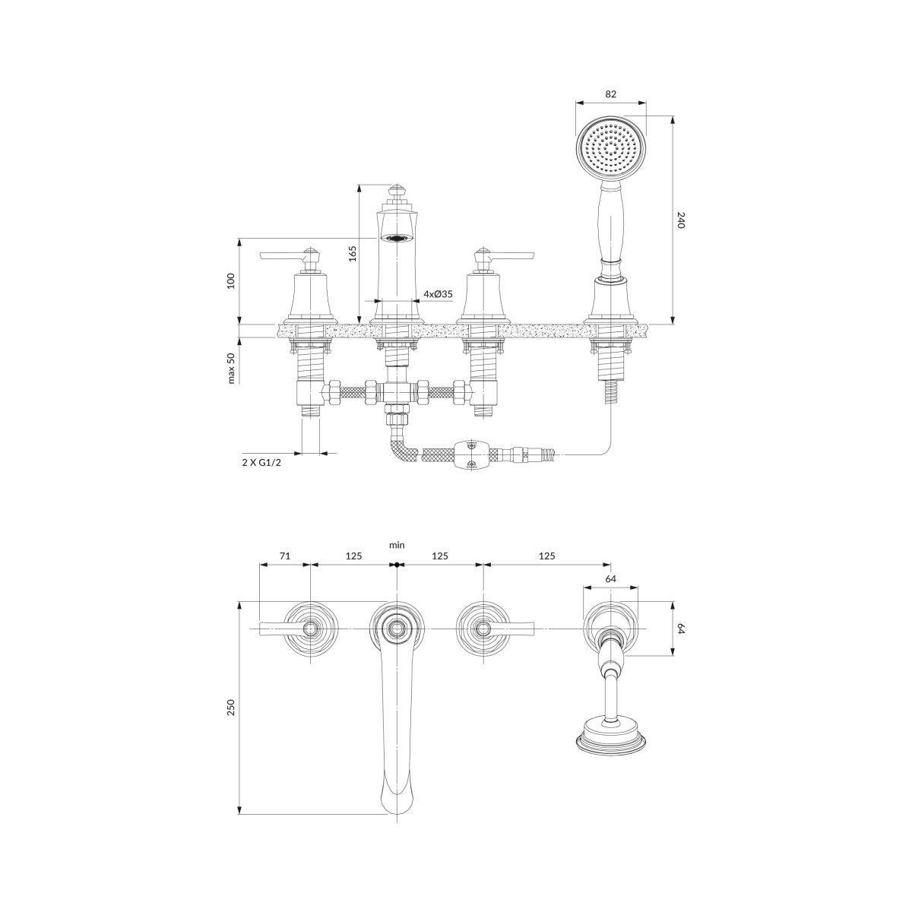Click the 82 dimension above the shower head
click(610, 94)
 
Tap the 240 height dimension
click(681, 220)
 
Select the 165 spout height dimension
click(353, 253)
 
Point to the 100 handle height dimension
click(231, 280)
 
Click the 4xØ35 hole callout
click(438, 294)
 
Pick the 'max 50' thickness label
click(232, 368)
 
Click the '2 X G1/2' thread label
click(261, 462)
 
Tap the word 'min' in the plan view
click(397, 545)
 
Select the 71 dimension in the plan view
click(284, 556)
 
